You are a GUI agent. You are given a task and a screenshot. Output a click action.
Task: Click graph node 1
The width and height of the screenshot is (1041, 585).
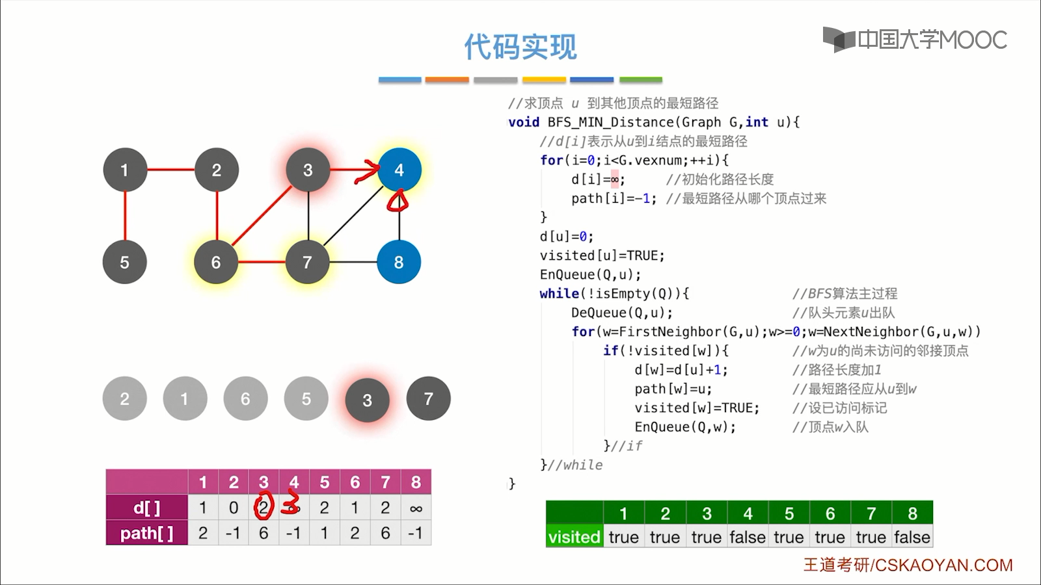point(125,170)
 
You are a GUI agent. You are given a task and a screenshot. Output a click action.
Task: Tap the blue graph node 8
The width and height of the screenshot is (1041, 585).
point(399,262)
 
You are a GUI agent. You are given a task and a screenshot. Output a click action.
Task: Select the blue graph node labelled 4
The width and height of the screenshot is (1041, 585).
point(399,170)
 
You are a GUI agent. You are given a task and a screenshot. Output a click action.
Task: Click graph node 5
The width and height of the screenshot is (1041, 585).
point(125,262)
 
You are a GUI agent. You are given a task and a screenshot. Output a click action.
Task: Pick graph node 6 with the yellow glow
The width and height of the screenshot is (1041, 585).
point(216,262)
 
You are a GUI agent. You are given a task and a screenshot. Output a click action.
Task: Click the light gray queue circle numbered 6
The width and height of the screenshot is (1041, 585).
point(245,398)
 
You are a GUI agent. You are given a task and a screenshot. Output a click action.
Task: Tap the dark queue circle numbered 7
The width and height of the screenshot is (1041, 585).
point(428,398)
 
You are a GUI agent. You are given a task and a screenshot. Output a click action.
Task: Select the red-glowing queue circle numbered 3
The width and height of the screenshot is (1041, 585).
point(368,400)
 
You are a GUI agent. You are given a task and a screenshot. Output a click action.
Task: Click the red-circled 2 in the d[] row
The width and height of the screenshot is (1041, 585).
point(264,507)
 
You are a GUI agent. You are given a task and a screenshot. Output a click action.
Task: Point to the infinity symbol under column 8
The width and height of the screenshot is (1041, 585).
point(416,508)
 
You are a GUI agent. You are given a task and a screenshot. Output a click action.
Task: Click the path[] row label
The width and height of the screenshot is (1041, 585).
point(147,533)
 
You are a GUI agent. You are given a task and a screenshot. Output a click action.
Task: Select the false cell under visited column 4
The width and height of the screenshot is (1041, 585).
point(748,537)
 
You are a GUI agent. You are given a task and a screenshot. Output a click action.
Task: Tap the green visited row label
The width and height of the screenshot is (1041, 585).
point(574,537)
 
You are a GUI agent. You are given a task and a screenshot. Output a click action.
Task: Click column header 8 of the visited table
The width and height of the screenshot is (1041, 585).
point(912,513)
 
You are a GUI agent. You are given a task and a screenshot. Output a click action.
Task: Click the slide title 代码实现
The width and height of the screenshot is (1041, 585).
point(520,47)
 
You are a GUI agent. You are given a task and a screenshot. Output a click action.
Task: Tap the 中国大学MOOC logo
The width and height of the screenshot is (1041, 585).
point(915,40)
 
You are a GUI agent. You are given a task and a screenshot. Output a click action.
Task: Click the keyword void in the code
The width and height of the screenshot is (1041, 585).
point(524,122)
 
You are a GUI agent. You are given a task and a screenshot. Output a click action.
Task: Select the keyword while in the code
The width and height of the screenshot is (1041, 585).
point(559,294)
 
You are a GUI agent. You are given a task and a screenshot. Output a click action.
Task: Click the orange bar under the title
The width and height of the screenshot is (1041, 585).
point(447,80)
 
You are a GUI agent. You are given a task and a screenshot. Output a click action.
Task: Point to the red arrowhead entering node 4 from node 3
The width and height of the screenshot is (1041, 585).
point(372,170)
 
